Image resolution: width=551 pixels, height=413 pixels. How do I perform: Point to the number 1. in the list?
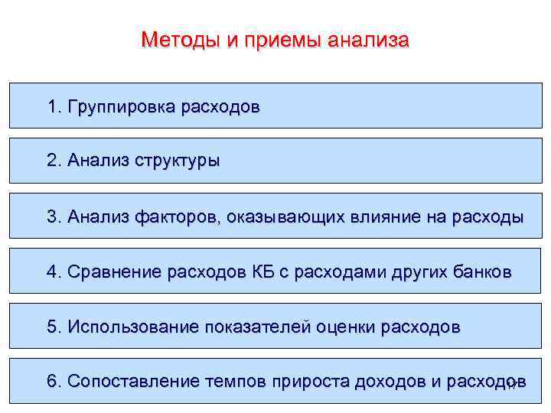[54, 106]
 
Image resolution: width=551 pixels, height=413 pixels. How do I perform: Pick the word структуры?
[178, 161]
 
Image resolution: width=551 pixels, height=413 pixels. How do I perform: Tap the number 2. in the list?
[54, 161]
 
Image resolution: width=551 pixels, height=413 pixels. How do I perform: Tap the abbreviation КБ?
[253, 272]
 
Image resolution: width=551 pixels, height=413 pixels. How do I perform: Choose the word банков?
[481, 272]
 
